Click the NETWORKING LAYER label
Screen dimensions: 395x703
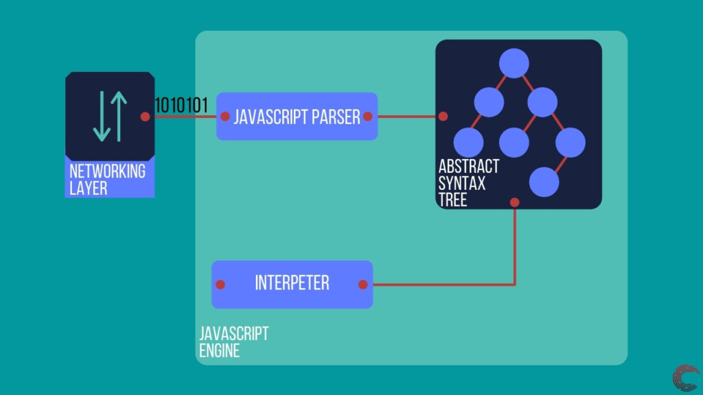(107, 179)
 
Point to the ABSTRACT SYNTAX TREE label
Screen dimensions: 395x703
(468, 183)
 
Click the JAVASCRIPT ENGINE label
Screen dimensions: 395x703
(233, 342)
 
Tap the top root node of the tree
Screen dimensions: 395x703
(514, 64)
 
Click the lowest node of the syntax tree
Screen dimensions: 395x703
(544, 181)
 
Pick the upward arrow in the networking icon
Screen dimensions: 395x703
(119, 116)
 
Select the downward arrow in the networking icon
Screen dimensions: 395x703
(100, 116)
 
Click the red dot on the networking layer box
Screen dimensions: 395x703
(145, 117)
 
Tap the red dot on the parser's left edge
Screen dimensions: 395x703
(225, 117)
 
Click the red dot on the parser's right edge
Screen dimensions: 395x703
(368, 117)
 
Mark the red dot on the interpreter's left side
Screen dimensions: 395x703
(220, 284)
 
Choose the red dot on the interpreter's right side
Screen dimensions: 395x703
(363, 284)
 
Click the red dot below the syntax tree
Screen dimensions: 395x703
(514, 202)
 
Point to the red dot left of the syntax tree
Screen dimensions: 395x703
(443, 117)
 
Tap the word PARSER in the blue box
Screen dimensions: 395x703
(336, 117)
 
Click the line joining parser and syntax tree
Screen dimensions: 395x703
(405, 117)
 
